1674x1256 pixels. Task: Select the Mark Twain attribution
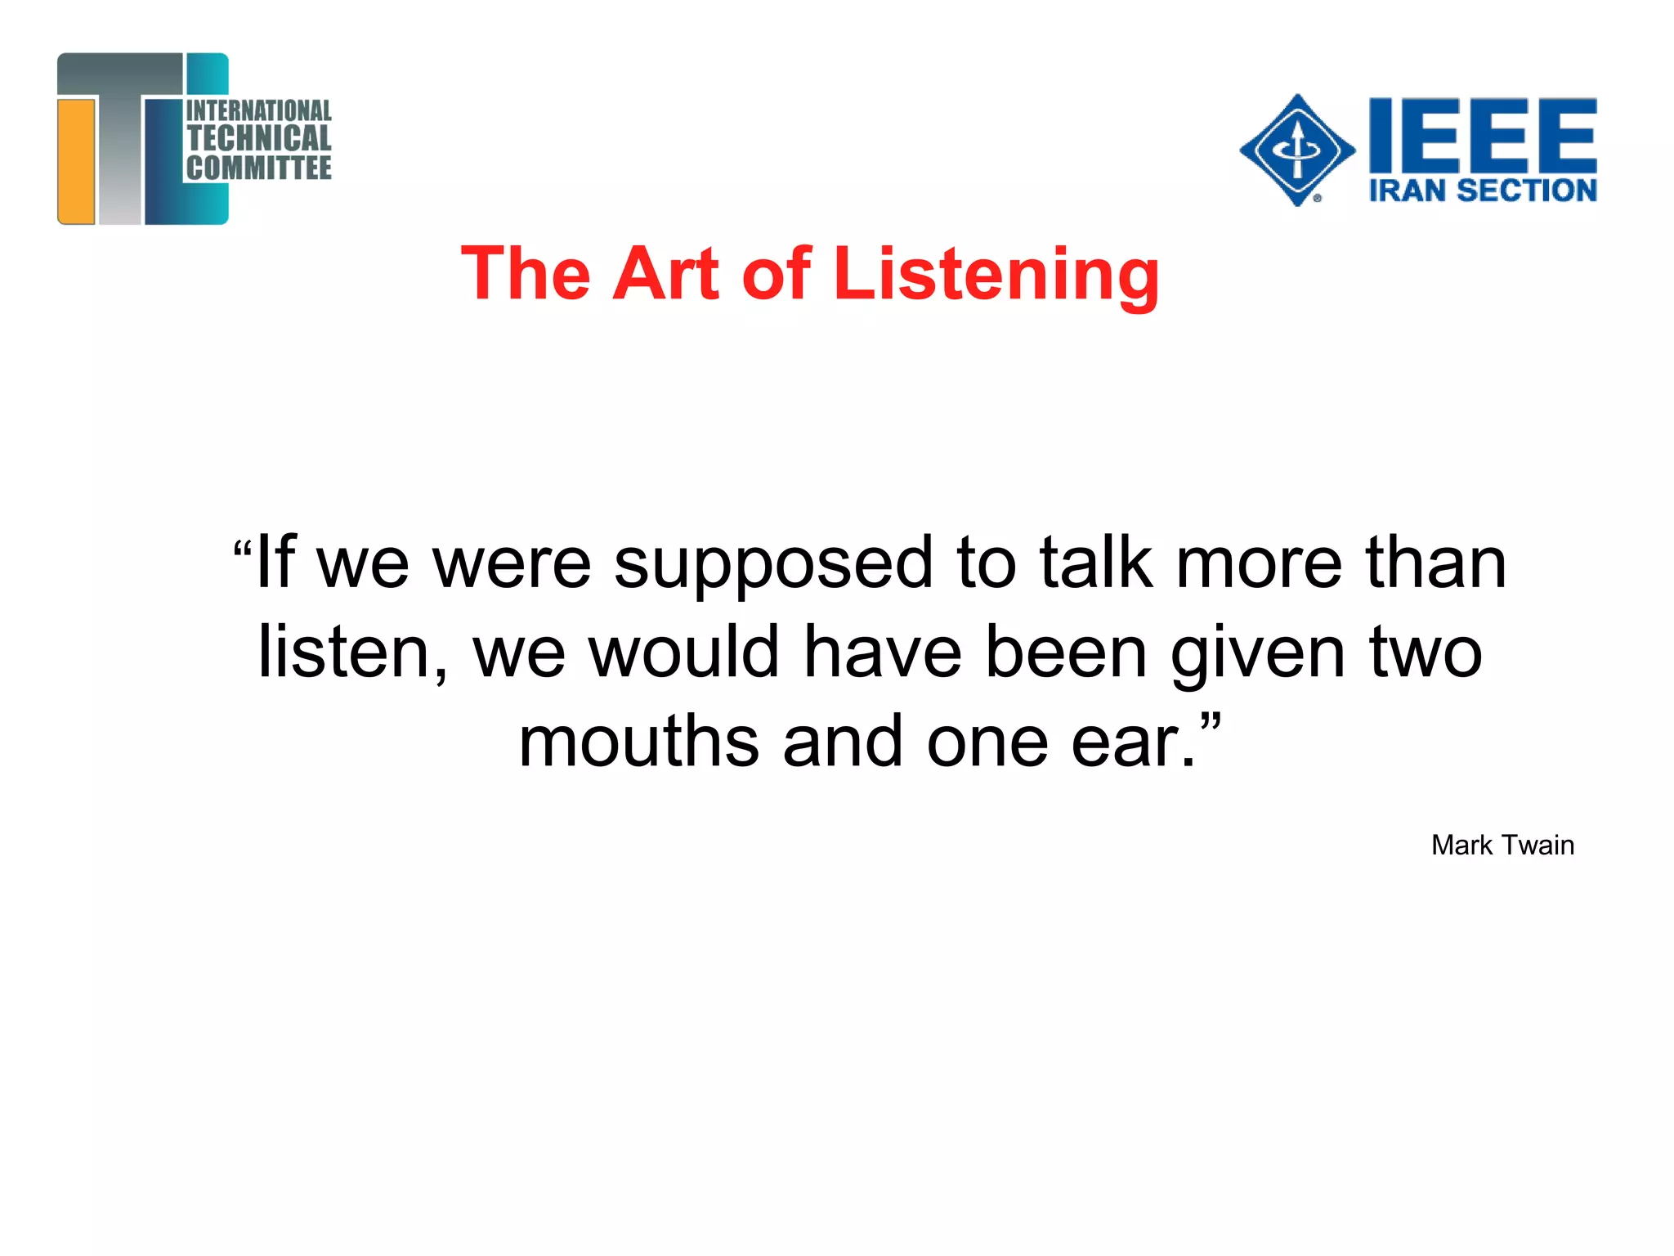1502,845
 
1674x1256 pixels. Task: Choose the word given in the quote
1257,653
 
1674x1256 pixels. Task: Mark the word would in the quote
684,652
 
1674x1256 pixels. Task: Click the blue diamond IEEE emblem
1297,150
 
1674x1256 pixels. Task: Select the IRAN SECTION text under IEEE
1483,191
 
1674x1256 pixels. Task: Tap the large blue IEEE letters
1483,133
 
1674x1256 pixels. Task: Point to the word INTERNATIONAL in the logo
259,110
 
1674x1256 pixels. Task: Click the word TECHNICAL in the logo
259,138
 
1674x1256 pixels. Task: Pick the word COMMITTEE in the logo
259,168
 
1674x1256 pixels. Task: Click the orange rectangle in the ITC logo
77,160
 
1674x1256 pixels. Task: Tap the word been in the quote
1067,652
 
